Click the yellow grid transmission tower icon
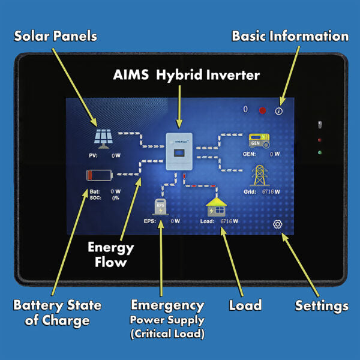point(260,175)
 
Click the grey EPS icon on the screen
point(160,207)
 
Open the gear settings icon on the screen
point(277,224)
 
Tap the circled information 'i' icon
point(279,111)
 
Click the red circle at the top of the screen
point(262,110)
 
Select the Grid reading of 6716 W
point(271,192)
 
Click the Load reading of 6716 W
point(229,221)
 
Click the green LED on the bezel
point(320,152)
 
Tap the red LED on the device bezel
point(320,140)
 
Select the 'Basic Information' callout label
point(290,36)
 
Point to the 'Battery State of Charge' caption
point(57,312)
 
